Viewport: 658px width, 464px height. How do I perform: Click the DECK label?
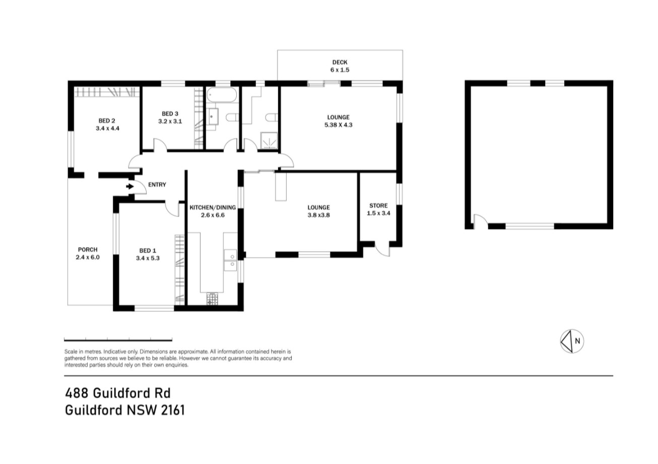pos(340,63)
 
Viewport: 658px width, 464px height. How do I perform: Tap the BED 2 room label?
pos(107,121)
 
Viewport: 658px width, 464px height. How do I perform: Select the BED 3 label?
pos(170,114)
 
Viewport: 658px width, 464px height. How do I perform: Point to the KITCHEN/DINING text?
pos(213,208)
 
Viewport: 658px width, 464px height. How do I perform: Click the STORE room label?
pos(378,206)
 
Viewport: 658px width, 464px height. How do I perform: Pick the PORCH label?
pos(88,250)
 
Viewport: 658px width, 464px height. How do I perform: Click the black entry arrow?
pos(129,187)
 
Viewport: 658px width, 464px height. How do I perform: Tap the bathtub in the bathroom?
pos(222,95)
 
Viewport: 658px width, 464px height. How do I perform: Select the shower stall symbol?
pos(269,140)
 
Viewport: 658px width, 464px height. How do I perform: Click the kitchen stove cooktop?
pos(212,299)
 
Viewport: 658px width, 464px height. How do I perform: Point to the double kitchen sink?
pos(230,260)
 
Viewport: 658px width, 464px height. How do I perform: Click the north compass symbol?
pos(572,341)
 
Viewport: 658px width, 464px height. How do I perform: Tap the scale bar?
pos(118,340)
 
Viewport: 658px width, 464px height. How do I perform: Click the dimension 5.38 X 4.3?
pos(339,125)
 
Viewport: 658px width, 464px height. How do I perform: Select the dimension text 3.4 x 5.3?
pos(148,258)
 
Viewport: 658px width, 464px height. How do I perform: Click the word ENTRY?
pos(157,185)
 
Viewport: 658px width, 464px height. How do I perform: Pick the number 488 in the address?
pos(77,393)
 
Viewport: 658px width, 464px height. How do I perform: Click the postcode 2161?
pos(173,410)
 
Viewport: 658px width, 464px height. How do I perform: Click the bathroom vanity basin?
pos(212,117)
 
